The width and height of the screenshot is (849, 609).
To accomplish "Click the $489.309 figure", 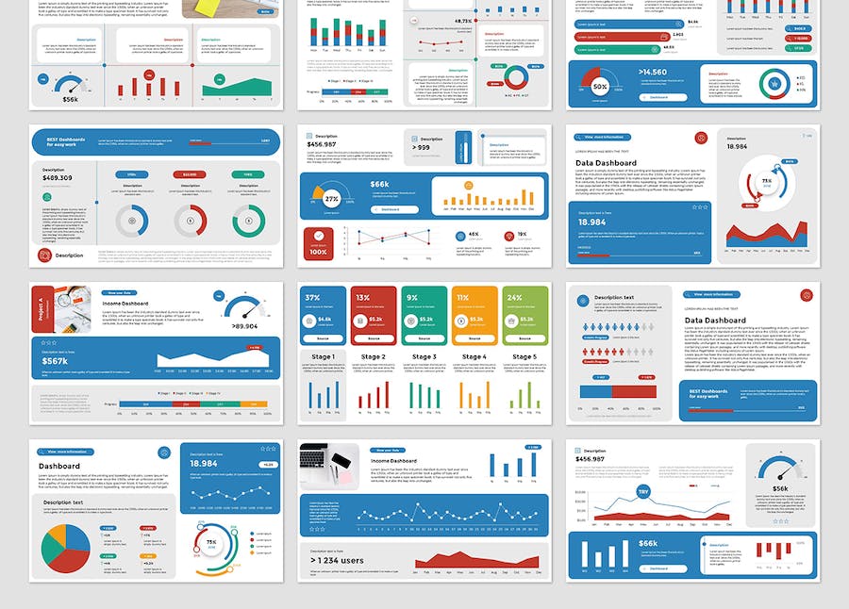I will click(58, 177).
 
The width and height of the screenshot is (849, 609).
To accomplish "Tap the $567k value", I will click(55, 360).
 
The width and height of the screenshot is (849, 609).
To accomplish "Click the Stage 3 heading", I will click(424, 357).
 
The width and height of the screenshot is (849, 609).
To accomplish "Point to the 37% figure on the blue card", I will click(312, 298).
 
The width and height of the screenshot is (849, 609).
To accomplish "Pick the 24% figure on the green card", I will click(514, 298).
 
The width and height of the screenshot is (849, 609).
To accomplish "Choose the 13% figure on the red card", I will click(362, 298).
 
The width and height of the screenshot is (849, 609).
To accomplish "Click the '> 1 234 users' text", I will click(338, 560).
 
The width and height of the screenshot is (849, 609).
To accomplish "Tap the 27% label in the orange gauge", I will click(332, 199).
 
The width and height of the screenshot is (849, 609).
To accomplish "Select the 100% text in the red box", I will click(319, 252).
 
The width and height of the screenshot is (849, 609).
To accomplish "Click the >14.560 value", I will click(653, 72).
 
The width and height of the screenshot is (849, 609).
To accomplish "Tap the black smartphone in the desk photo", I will click(340, 462).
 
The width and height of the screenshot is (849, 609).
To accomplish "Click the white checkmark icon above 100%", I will click(319, 236).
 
